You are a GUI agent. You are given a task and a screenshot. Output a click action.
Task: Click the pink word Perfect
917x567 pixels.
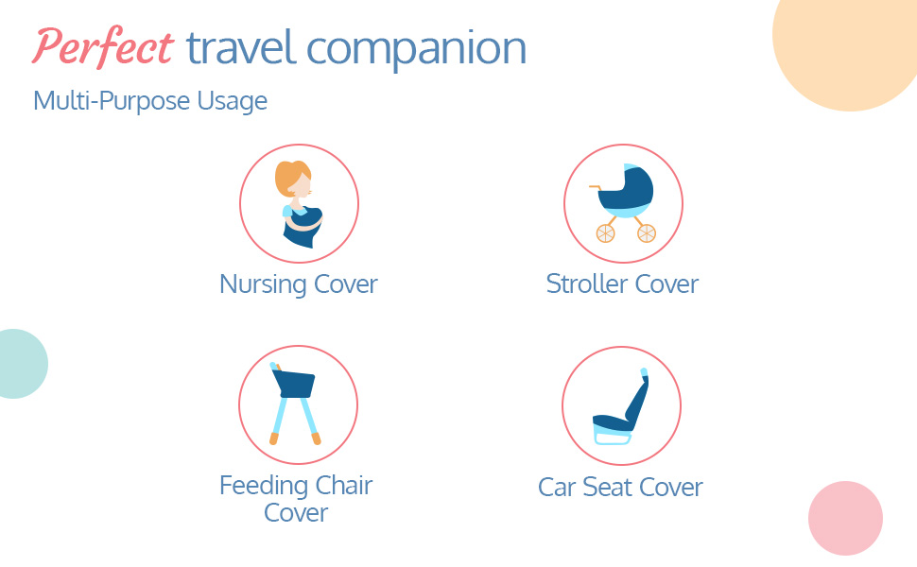click(x=103, y=46)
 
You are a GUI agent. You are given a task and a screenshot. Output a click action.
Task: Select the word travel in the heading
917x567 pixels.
click(x=240, y=47)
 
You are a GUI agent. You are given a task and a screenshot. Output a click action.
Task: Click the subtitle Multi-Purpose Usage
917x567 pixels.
click(x=150, y=101)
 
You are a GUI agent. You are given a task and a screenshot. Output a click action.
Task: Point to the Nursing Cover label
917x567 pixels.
click(x=298, y=284)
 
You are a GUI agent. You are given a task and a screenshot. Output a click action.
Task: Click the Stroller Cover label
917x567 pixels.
click(x=622, y=284)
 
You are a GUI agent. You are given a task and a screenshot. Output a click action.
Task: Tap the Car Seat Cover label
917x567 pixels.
click(x=620, y=487)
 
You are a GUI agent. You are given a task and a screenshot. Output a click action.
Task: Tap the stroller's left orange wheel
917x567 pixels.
click(x=605, y=233)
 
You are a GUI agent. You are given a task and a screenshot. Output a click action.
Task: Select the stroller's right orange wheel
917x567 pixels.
click(x=647, y=233)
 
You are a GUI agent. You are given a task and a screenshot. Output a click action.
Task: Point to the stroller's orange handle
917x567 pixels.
click(x=595, y=188)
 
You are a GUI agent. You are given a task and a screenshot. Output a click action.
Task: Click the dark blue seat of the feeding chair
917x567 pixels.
click(x=294, y=384)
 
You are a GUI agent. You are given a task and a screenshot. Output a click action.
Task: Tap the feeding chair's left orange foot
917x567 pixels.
click(x=274, y=438)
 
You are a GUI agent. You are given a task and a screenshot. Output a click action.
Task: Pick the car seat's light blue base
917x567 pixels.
click(x=613, y=436)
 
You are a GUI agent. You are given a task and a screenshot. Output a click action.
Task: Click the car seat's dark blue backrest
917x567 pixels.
click(x=638, y=398)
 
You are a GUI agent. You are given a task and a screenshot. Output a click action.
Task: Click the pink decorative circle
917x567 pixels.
click(x=845, y=518)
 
